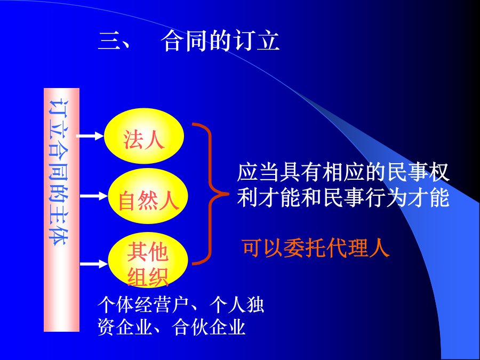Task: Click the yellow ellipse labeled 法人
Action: click(144, 136)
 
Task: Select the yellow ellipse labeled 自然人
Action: click(148, 196)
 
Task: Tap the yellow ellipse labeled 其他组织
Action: click(148, 260)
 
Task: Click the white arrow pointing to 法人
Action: click(90, 136)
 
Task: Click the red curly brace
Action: click(210, 194)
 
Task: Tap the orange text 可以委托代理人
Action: click(316, 247)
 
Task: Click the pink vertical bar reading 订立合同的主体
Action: click(61, 210)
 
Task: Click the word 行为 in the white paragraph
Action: click(386, 197)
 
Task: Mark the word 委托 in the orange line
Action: click(305, 247)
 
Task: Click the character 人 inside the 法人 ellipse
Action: click(155, 140)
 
